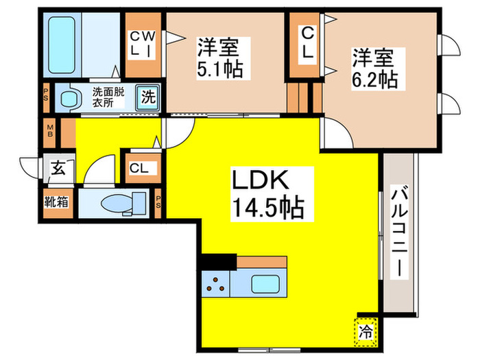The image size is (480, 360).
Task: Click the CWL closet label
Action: click(143, 44)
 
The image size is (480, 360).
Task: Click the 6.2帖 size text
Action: click(374, 78)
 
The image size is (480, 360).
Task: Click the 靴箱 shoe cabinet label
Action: click(56, 204)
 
